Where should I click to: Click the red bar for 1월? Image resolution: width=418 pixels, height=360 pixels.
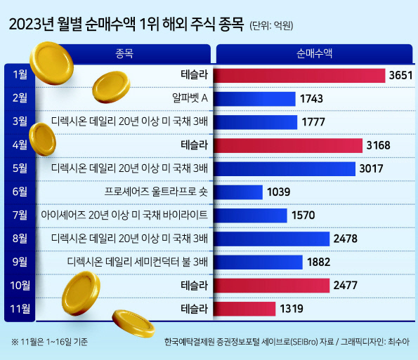(299, 76)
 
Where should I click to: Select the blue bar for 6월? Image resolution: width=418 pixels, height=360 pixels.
(237, 192)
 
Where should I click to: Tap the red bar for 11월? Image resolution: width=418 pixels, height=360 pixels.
(244, 309)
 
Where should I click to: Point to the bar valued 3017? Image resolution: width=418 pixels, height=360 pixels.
(285, 169)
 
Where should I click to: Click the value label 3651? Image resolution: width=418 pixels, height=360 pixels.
(400, 75)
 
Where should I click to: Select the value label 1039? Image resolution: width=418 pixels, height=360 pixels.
(279, 192)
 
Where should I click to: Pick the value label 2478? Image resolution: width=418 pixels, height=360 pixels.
(345, 239)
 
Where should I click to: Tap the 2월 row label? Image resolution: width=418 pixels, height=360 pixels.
(20, 98)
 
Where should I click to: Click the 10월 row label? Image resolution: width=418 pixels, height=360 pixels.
(20, 286)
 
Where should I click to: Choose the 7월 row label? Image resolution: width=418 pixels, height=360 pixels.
(20, 215)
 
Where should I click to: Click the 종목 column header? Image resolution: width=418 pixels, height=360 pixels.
(124, 54)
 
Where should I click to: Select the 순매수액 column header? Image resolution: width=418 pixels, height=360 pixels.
(314, 54)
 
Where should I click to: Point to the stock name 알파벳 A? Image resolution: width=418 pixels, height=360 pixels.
(190, 98)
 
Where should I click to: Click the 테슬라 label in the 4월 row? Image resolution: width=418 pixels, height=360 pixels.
(195, 145)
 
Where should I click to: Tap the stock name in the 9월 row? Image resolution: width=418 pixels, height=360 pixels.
(137, 262)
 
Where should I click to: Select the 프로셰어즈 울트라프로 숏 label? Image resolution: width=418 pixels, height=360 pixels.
(156, 192)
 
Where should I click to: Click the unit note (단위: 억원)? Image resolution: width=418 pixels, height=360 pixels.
(271, 26)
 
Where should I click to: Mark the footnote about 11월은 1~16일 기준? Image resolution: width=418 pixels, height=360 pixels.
(49, 342)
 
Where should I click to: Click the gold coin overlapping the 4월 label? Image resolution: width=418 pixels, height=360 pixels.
(42, 139)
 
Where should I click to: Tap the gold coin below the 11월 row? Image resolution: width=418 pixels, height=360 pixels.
(133, 323)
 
